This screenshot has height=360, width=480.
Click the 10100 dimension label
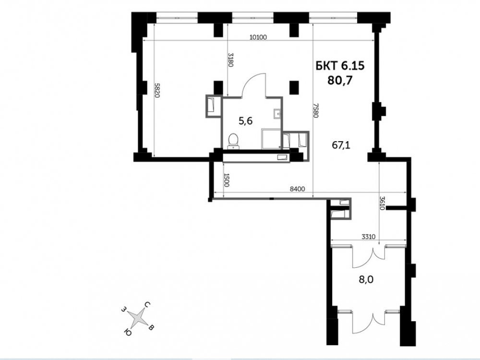258,37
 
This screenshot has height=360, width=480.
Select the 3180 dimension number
231,60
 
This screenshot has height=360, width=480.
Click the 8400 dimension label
297,189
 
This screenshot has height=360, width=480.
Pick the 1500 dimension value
227,180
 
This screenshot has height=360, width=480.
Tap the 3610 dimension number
382,203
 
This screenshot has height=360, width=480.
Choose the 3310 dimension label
368,237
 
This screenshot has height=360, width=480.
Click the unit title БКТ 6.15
340,65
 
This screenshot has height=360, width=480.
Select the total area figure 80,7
340,80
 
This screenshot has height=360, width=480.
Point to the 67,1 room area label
341,145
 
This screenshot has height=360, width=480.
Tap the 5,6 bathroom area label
245,121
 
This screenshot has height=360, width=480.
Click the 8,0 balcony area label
366,279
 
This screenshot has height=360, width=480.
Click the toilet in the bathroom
234,141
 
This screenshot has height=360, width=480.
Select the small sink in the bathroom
277,114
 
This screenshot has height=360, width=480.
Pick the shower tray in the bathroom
271,139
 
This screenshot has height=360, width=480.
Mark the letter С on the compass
147,305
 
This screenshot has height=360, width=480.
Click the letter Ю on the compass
128,332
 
